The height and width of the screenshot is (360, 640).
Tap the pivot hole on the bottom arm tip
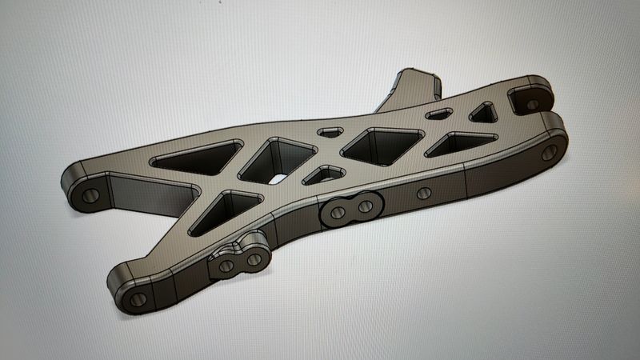135,300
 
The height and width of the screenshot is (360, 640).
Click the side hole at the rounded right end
549,153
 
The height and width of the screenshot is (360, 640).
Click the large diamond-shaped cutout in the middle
382,143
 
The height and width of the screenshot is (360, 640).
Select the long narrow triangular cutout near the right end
458,142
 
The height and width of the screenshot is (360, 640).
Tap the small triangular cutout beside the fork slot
483,113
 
